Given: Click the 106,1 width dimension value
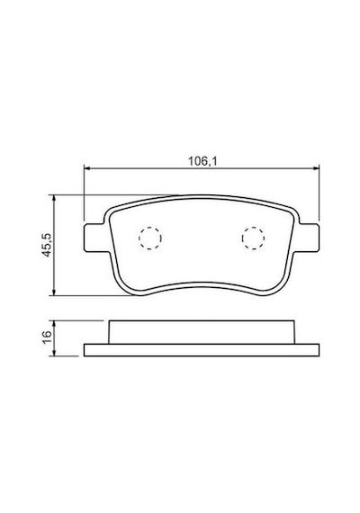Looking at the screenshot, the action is pos(202,161).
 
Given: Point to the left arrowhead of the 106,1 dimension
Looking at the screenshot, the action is pos(86,168).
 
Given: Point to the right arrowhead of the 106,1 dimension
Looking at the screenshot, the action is pos(316,168).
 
